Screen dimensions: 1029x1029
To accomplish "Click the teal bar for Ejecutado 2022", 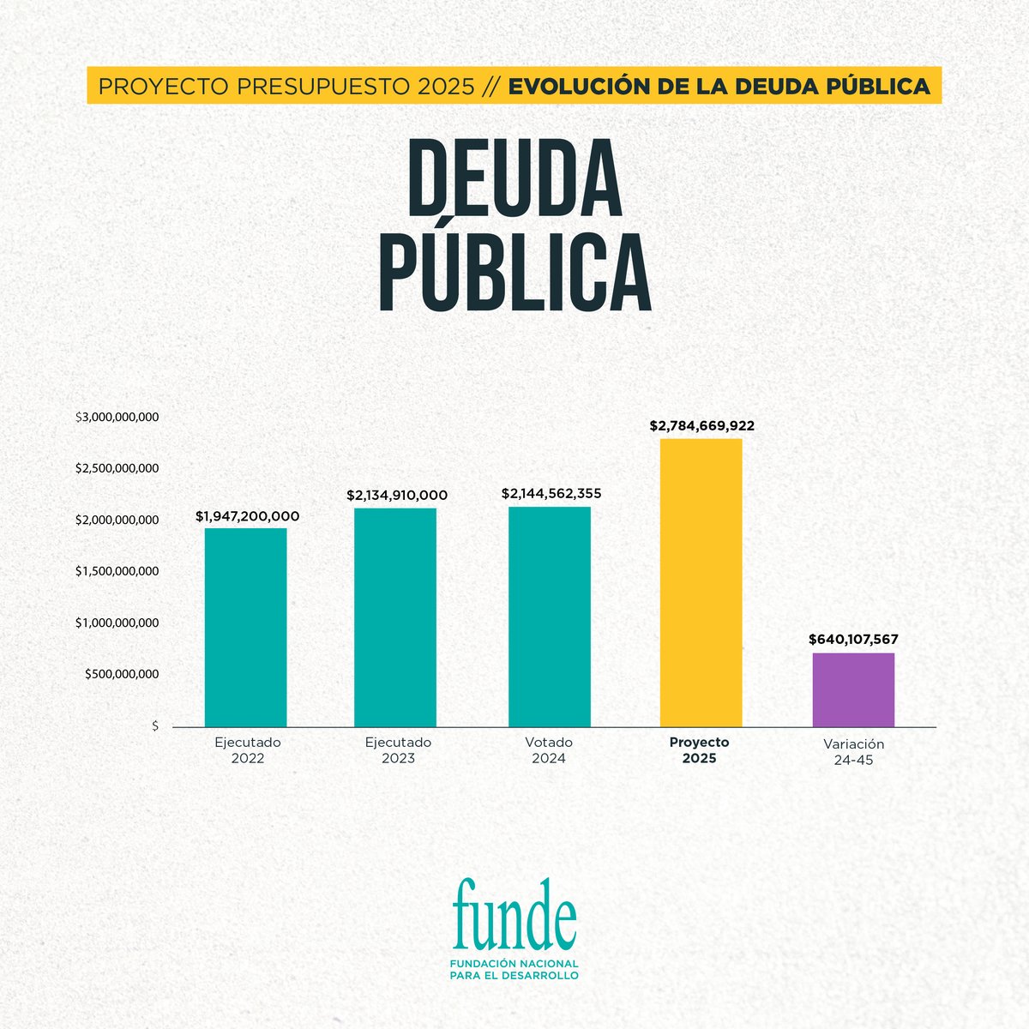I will pyautogui.click(x=245, y=627).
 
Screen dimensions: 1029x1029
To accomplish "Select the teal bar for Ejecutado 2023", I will pyautogui.click(x=395, y=617).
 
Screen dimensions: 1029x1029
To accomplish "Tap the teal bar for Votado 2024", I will pyautogui.click(x=549, y=617).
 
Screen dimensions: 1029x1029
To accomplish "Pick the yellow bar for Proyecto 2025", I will pyautogui.click(x=701, y=583).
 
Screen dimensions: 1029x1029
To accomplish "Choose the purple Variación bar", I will pyautogui.click(x=853, y=689).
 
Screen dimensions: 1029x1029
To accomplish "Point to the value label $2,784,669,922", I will pyautogui.click(x=701, y=425).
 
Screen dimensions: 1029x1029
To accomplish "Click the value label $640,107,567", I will pyautogui.click(x=853, y=640).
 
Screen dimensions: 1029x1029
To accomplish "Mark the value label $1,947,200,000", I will pyautogui.click(x=248, y=516).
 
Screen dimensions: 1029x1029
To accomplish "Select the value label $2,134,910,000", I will pyautogui.click(x=397, y=496).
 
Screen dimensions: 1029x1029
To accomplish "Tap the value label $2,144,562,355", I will pyautogui.click(x=551, y=494).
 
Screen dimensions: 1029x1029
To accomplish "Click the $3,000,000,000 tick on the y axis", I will pyautogui.click(x=117, y=418).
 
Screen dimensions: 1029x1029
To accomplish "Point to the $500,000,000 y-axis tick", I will pyautogui.click(x=122, y=674).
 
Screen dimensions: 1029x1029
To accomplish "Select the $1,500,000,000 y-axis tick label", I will pyautogui.click(x=117, y=571).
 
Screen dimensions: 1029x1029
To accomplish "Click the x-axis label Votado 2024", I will pyautogui.click(x=549, y=750).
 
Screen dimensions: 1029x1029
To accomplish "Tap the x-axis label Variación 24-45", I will pyautogui.click(x=853, y=752).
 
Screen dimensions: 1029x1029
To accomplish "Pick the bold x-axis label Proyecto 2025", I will pyautogui.click(x=699, y=750).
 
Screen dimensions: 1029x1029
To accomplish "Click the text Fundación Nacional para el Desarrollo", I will pyautogui.click(x=514, y=970).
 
